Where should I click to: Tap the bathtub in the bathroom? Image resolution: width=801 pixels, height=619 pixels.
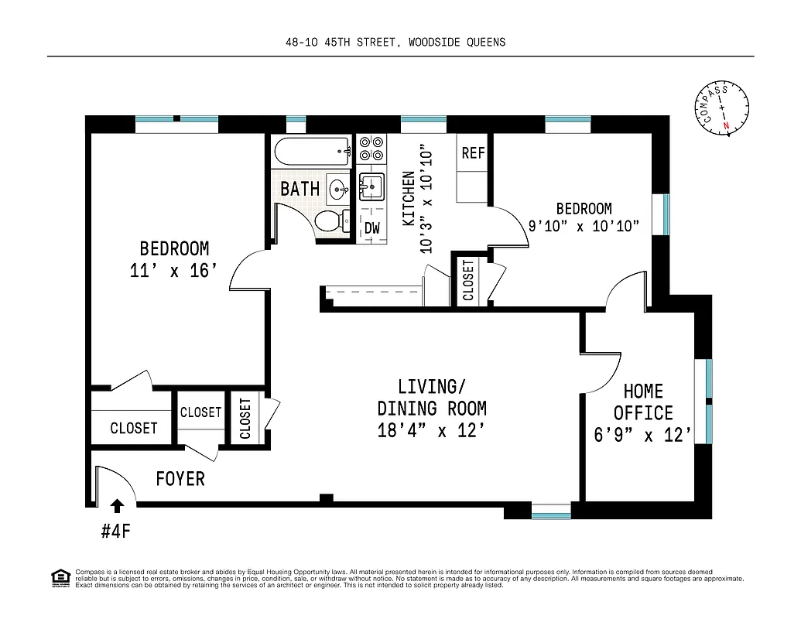pos(313,151)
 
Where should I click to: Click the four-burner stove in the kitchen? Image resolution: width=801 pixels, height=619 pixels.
pos(372,147)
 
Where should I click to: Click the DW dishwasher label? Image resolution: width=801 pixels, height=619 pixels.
pos(372,227)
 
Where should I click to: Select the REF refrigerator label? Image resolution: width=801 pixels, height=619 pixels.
pos(473,153)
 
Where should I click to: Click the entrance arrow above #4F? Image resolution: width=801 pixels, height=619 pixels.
pos(116,506)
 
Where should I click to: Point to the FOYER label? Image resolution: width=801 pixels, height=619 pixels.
pos(180,479)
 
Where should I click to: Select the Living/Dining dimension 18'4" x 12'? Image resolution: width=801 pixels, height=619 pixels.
pos(431,431)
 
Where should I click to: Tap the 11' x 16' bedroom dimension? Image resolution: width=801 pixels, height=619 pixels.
pos(173,272)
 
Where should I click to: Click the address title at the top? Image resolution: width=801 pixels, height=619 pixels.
pos(395,42)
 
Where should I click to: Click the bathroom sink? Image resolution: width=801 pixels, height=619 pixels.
pos(338,188)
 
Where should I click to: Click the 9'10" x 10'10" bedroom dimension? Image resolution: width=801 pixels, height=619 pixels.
pos(584,226)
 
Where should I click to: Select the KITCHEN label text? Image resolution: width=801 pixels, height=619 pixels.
pos(409,199)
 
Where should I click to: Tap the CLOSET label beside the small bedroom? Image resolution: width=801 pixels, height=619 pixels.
pos(468,280)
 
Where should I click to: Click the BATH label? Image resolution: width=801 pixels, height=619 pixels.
pos(300,189)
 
